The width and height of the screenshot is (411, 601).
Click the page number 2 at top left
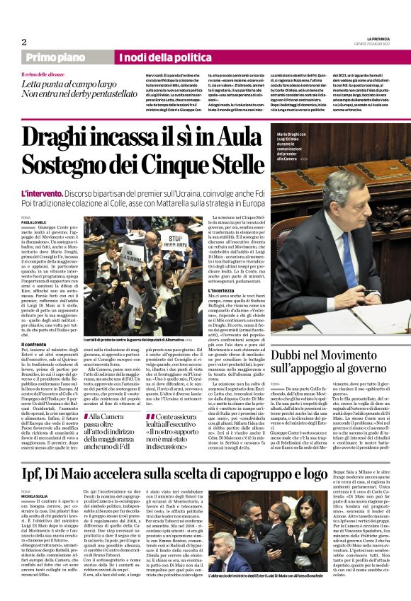[x=24, y=41]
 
